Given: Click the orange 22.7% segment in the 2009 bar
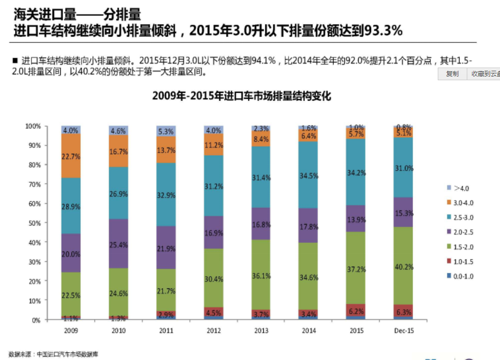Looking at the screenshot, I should point(71,156).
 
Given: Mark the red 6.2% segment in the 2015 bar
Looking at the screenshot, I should point(356,312).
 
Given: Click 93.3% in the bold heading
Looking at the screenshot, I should point(380,32).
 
